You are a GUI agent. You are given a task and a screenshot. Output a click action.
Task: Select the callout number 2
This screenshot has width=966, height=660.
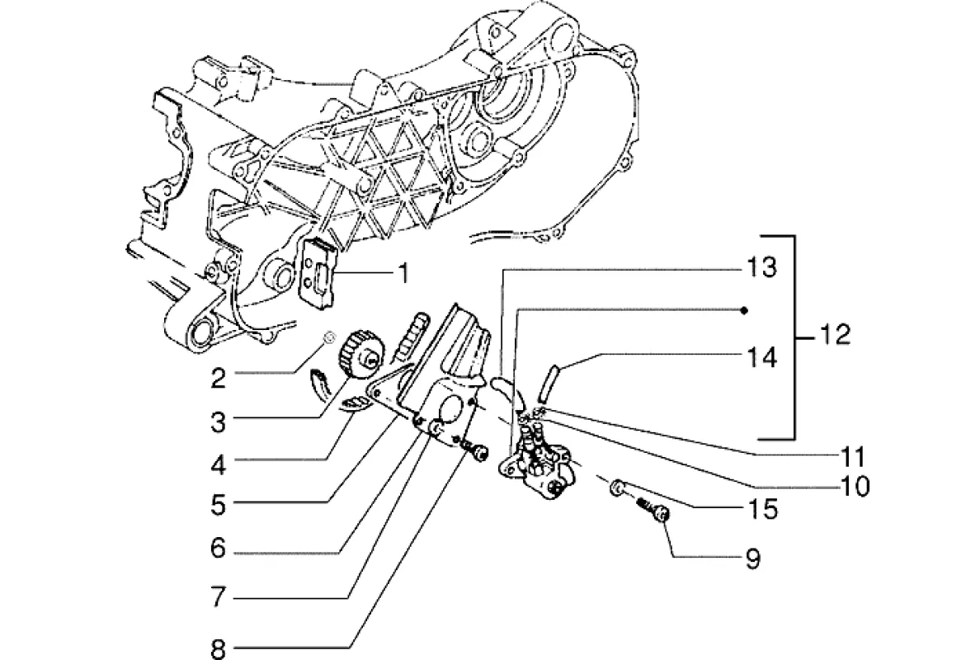(x=218, y=379)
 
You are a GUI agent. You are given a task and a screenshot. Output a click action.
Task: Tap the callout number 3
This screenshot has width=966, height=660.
(x=218, y=422)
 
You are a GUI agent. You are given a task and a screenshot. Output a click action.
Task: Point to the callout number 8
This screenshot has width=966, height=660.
(x=218, y=649)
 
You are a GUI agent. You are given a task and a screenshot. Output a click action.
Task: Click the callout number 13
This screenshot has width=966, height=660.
(x=763, y=269)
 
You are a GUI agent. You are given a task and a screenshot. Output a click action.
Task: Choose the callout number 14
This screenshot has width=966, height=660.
(x=763, y=358)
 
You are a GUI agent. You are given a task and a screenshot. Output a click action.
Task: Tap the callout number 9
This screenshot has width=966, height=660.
(x=752, y=559)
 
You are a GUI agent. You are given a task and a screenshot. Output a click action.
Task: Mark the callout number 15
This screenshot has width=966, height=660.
(x=765, y=509)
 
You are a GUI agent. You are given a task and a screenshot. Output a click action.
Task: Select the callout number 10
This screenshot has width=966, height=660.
(x=854, y=487)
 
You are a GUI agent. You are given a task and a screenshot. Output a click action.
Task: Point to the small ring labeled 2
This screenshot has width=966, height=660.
(x=328, y=337)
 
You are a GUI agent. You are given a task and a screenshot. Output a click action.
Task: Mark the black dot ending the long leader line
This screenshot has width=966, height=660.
(x=744, y=310)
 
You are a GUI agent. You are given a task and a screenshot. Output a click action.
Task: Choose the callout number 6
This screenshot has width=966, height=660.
(x=218, y=548)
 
